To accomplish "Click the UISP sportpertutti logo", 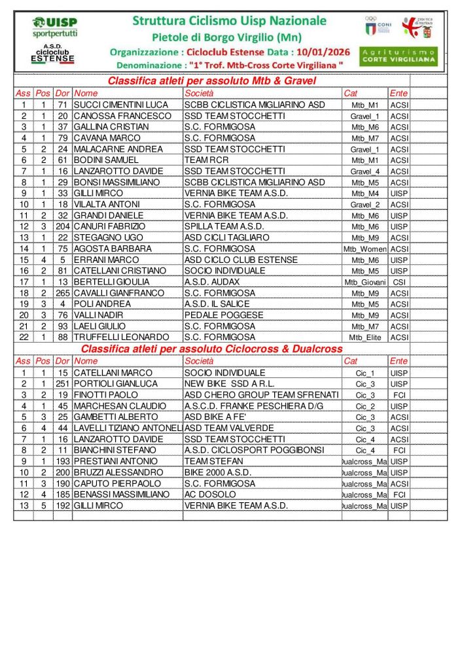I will click(x=54, y=26).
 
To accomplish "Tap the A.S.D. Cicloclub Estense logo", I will click(x=53, y=55).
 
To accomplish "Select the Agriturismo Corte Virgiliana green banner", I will click(x=399, y=56).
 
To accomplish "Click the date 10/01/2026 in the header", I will click(x=323, y=52).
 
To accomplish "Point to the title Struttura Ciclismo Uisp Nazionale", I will click(x=229, y=21).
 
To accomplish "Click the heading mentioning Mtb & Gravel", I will click(x=211, y=81).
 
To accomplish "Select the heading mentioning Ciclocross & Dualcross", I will click(x=211, y=349).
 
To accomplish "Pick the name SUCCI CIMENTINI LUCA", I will click(x=121, y=105).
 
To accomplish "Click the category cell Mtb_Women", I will click(x=364, y=249).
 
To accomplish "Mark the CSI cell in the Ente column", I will click(x=399, y=282).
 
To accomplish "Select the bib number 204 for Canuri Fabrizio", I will click(x=62, y=226).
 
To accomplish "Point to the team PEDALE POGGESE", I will click(x=215, y=315).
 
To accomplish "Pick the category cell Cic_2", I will click(x=364, y=406).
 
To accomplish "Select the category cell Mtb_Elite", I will click(x=364, y=338).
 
